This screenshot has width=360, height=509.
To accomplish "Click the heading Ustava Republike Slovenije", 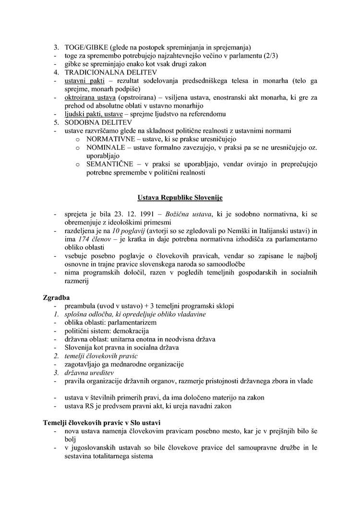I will [180, 197].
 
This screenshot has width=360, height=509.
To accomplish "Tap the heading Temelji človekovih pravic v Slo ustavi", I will [102, 422].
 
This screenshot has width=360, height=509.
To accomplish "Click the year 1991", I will [141, 214].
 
